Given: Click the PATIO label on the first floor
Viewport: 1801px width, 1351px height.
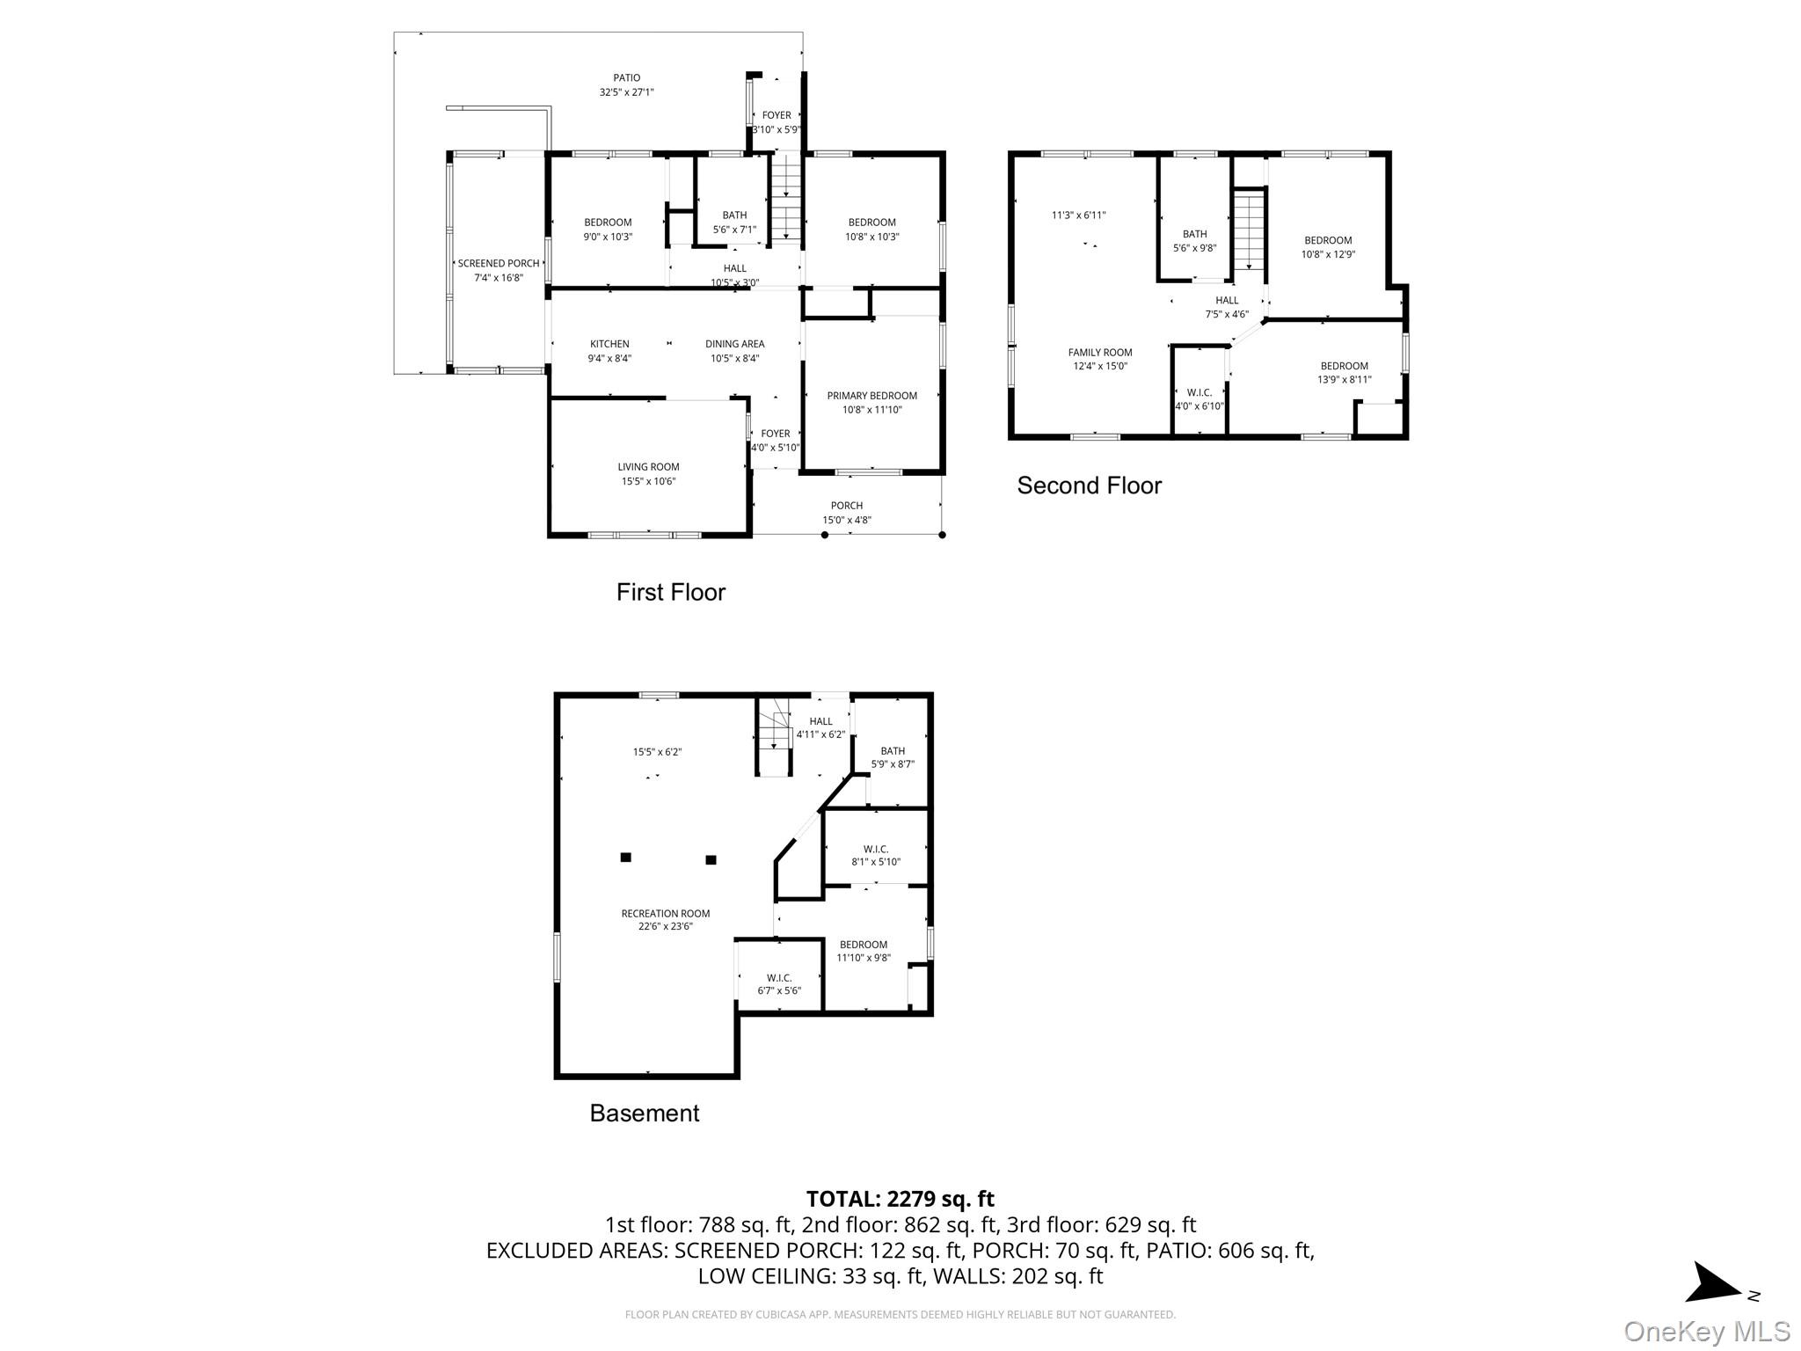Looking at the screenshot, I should [626, 78].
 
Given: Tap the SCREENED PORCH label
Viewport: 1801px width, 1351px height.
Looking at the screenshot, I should [498, 264].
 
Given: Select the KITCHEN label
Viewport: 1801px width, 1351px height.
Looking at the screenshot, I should [609, 344].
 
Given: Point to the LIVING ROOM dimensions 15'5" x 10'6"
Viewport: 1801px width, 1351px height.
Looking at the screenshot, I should [647, 481].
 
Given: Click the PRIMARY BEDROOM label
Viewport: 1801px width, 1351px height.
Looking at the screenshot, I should [871, 396].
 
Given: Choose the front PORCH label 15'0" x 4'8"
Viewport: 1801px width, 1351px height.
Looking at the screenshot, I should [846, 513].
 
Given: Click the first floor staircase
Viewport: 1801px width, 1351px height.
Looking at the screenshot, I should [784, 198].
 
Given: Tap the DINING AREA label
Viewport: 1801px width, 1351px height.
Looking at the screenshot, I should [734, 344].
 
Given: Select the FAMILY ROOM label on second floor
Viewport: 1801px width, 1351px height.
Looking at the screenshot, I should [1099, 353].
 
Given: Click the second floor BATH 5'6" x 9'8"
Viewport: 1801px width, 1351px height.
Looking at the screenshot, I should [1194, 240].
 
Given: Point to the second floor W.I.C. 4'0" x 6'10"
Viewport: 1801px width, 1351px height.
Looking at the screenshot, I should [1199, 399].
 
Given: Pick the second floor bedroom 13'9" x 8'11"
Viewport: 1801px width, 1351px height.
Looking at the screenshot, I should [1344, 373].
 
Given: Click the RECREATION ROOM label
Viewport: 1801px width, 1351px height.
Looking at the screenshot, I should [665, 914].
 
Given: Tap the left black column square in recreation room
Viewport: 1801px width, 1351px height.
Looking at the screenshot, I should [625, 857].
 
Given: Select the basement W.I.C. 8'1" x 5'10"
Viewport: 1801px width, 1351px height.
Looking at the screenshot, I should [875, 855].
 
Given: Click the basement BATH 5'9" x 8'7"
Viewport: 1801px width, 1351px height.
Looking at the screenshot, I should [893, 757].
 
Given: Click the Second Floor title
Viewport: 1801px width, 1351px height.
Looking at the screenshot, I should [1089, 486].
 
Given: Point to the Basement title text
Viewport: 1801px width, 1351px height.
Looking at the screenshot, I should [644, 1113].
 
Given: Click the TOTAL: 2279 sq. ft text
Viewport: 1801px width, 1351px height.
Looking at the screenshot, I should [900, 1199].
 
